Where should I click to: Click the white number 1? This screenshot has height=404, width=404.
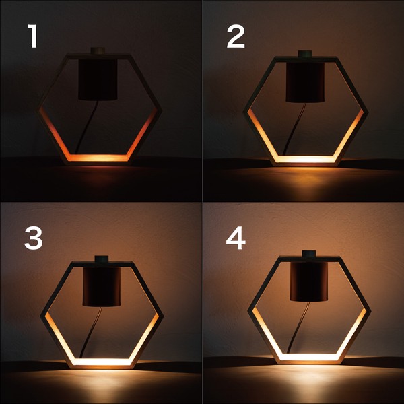[33, 36]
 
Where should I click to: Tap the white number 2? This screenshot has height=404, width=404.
[236, 36]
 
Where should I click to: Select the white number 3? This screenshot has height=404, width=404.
[33, 238]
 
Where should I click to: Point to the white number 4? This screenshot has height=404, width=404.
[236, 238]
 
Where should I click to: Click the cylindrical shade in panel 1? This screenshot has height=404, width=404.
[98, 79]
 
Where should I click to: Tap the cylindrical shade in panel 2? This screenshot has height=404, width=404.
[305, 82]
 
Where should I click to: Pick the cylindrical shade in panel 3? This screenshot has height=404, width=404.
[102, 286]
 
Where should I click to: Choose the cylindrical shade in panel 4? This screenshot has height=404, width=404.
[309, 281]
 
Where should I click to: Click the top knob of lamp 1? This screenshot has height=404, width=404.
[98, 50]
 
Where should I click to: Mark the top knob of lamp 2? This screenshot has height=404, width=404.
[305, 54]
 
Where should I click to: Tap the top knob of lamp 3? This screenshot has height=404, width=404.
[102, 259]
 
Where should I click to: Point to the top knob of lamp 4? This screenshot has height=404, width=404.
[309, 254]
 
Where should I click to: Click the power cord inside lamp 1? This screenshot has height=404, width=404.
[86, 127]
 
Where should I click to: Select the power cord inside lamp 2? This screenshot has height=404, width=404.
[294, 129]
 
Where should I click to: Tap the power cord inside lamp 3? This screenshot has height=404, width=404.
[91, 332]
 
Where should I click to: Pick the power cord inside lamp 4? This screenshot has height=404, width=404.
[298, 327]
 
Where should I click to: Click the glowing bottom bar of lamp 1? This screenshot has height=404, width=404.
[98, 158]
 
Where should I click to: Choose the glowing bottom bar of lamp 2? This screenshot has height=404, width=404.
[305, 159]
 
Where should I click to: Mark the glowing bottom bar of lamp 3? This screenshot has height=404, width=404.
[102, 362]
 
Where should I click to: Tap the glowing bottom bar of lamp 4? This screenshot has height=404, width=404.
[309, 357]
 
